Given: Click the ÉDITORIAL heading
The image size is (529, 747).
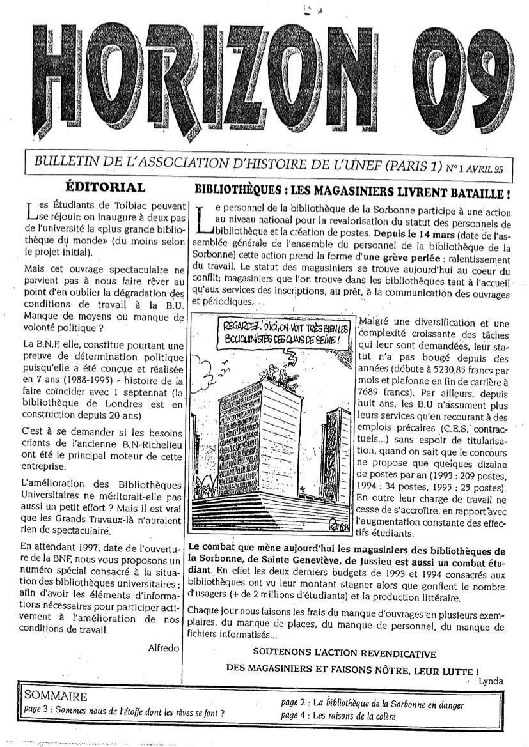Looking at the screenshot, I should pos(106,188).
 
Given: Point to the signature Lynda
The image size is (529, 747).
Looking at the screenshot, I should pos(491,681).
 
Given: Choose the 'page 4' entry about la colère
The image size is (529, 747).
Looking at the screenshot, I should pos(338,716).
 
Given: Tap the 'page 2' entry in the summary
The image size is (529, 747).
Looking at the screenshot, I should pos(373,704).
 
